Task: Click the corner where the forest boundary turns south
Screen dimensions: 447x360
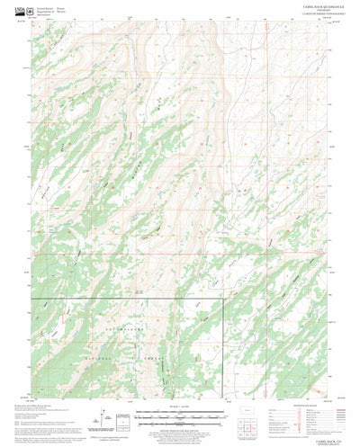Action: tap(221, 299)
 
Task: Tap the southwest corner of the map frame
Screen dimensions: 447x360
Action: tap(31, 397)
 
